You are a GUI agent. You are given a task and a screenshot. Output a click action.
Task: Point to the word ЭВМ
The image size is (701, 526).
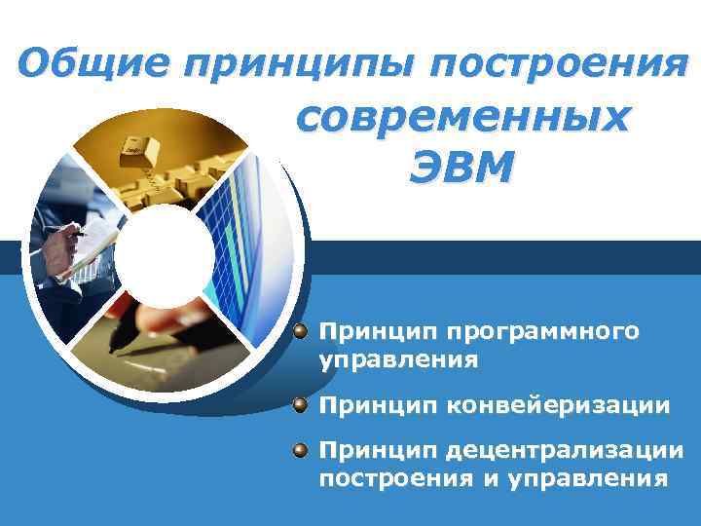pos(461,168)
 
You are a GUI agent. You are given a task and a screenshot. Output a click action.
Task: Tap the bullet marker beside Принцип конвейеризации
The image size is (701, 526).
pos(303,403)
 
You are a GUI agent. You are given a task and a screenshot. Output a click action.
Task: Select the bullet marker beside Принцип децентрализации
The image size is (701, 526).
pos(303,450)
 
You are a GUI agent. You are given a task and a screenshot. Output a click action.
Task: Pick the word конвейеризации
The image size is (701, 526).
pos(558,404)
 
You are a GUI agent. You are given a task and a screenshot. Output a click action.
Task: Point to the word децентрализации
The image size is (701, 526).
pos(565,451)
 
